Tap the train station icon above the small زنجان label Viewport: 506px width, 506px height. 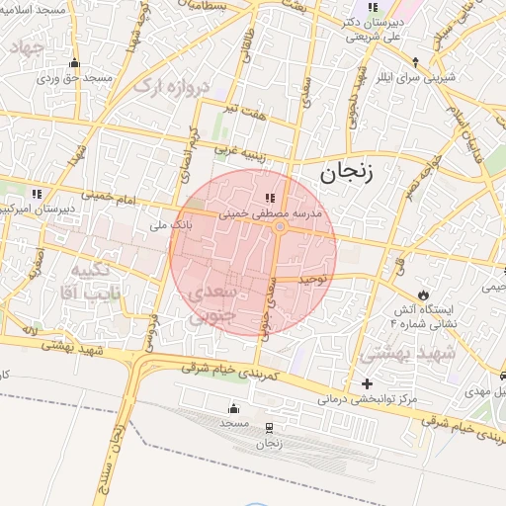point(269,427)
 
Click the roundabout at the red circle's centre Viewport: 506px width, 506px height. point(280,227)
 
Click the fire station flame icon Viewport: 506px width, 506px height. point(423,294)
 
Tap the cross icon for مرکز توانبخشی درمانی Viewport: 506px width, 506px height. point(368,383)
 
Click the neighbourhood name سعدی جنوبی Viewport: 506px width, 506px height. point(211,304)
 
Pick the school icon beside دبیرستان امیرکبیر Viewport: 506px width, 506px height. point(38,194)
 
